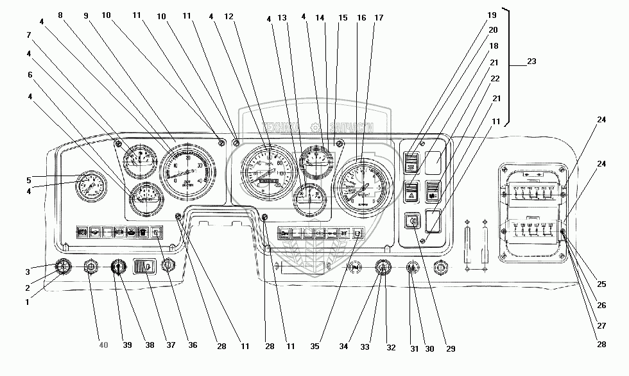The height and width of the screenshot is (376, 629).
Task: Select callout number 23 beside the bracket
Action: [x=531, y=61]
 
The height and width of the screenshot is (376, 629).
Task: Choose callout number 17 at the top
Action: [x=379, y=18]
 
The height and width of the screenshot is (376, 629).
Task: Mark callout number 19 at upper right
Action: [x=492, y=15]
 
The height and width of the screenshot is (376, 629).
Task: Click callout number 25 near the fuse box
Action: [x=601, y=284]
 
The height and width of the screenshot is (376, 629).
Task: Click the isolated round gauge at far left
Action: [x=91, y=186]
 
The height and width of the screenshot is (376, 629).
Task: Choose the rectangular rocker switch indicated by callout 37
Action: [x=145, y=265]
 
